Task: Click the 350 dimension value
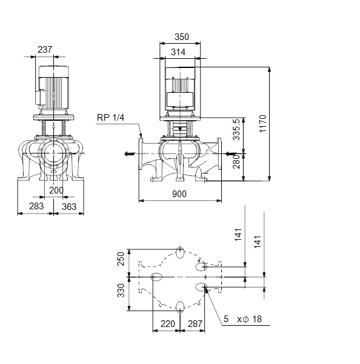pos(182,37)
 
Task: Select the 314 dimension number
pos(178,52)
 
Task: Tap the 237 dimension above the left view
pos(45,50)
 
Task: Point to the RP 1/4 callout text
pos(110,118)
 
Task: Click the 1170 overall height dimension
pos(262,124)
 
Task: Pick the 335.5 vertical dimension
pos(236,130)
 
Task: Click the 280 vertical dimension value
pos(236,162)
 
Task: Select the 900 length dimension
pos(179,194)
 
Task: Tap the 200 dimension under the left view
pos(56,190)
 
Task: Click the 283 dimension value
pos(36,206)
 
